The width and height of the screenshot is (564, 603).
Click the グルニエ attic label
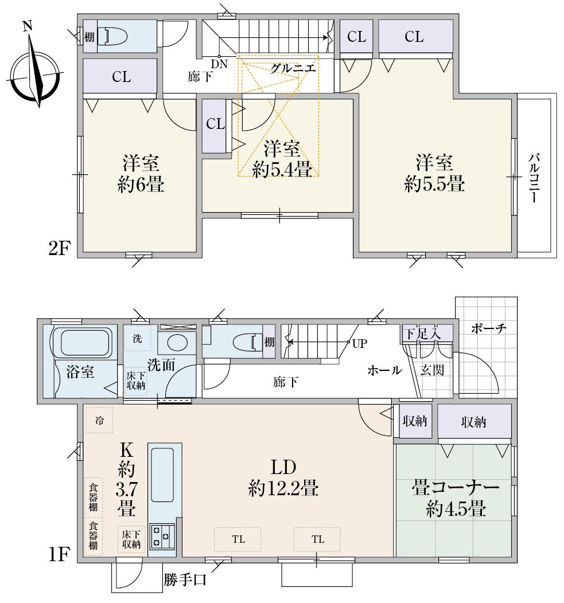point(293,68)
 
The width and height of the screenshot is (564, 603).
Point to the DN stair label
point(219,64)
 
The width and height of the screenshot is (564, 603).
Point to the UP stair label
point(359,343)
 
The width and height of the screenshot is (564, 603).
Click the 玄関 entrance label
point(432,370)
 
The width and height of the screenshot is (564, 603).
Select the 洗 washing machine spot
point(137,338)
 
